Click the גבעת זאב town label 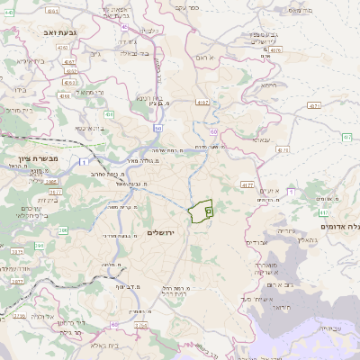(x=57, y=31)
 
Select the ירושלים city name (x=165, y=232)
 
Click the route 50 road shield (x=157, y=129)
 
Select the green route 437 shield (x=346, y=137)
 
